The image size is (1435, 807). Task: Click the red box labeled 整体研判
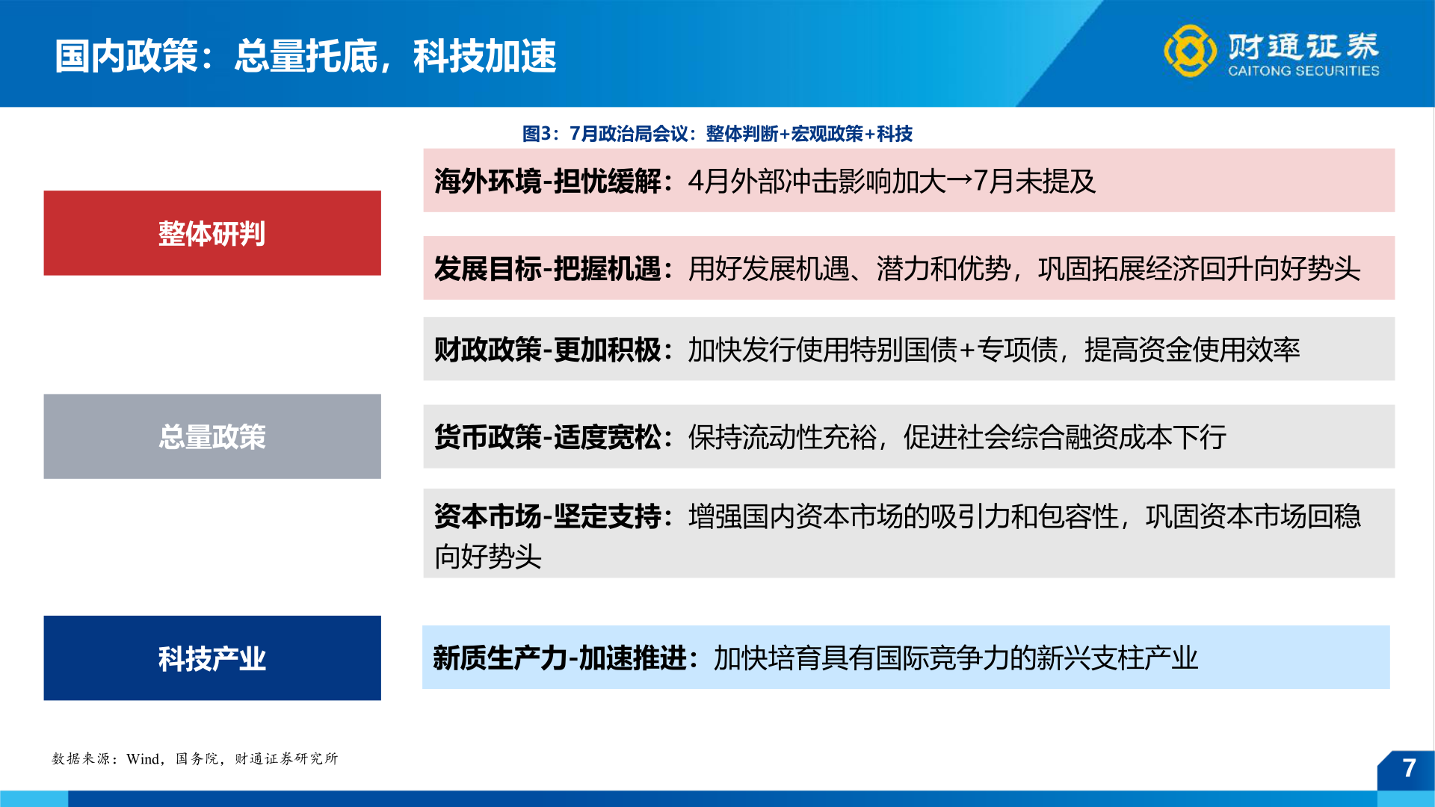click(x=212, y=233)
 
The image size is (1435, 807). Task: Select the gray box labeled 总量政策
click(x=212, y=436)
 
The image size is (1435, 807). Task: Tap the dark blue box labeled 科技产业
click(x=212, y=658)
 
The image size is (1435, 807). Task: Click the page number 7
click(x=1409, y=768)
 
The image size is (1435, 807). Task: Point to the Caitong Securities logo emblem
click(x=1189, y=51)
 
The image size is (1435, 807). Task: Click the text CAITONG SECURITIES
click(x=1303, y=71)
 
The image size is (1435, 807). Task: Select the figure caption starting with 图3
click(x=717, y=134)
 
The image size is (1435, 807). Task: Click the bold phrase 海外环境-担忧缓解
click(x=548, y=182)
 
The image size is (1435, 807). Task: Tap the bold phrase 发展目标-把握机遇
click(x=548, y=269)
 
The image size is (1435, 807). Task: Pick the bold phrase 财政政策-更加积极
click(x=548, y=350)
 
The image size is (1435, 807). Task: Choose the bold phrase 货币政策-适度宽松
click(x=548, y=437)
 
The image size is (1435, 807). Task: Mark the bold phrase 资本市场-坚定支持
click(x=548, y=516)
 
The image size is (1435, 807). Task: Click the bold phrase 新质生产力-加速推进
click(x=560, y=658)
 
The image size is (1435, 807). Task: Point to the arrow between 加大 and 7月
click(x=960, y=181)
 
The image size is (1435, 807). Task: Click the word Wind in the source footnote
click(x=143, y=759)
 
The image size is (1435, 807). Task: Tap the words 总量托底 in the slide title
click(x=306, y=56)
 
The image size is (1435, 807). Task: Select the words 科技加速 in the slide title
click(x=485, y=56)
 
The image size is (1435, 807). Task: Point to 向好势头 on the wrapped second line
click(x=488, y=557)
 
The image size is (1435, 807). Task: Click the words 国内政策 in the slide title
click(x=126, y=56)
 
